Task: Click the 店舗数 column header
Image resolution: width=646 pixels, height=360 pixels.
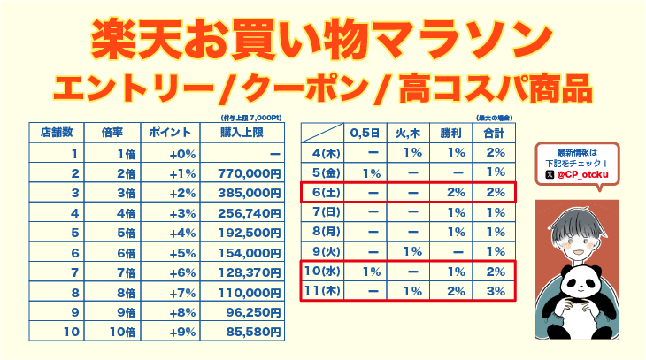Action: (x=55, y=133)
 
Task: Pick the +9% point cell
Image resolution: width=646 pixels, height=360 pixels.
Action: (x=181, y=332)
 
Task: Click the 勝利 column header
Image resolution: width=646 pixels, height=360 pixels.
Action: (x=451, y=133)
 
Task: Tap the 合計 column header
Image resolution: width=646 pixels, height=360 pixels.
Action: (x=494, y=133)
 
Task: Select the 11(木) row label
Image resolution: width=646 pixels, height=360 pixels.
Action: (x=324, y=291)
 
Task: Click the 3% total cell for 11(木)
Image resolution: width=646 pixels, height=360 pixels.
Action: (x=495, y=291)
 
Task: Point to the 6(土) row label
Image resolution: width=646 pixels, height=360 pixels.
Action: (x=324, y=192)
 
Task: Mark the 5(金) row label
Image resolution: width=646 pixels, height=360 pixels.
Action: (x=324, y=172)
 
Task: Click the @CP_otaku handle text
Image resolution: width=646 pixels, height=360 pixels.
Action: (x=585, y=176)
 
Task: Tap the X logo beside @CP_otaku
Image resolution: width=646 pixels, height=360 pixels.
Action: (x=550, y=176)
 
